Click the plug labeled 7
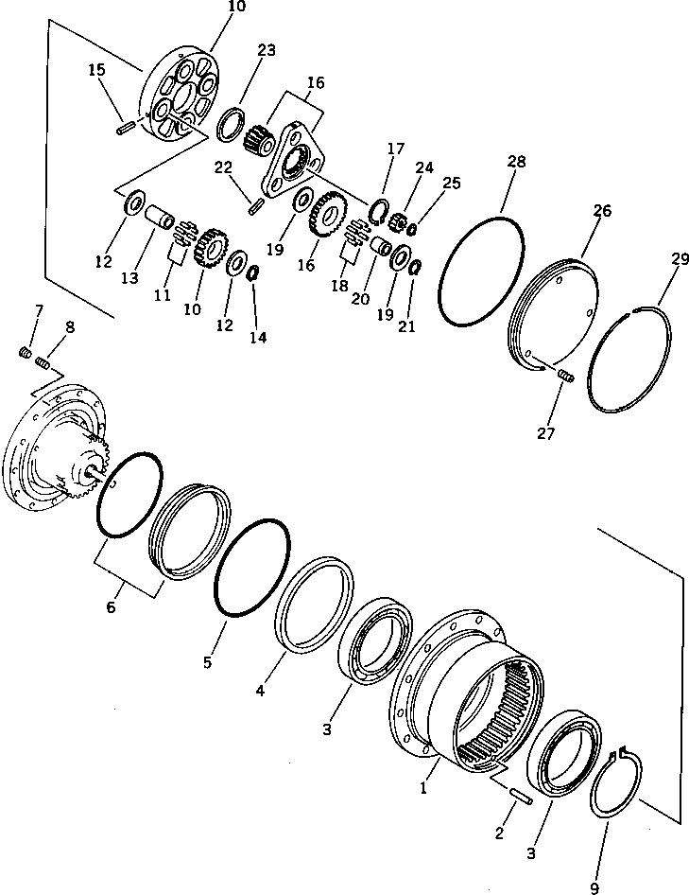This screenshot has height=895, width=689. click(26, 353)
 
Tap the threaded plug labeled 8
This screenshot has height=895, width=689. click(43, 362)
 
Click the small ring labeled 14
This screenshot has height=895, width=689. click(252, 273)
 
